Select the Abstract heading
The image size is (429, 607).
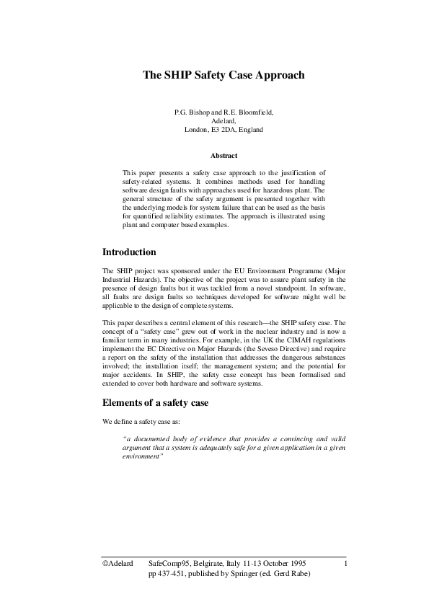224,156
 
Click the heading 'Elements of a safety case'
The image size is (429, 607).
155,402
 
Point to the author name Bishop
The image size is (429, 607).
200,114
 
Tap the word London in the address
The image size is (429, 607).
196,130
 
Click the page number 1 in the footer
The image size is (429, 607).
347,562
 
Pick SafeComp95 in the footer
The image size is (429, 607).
167,562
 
